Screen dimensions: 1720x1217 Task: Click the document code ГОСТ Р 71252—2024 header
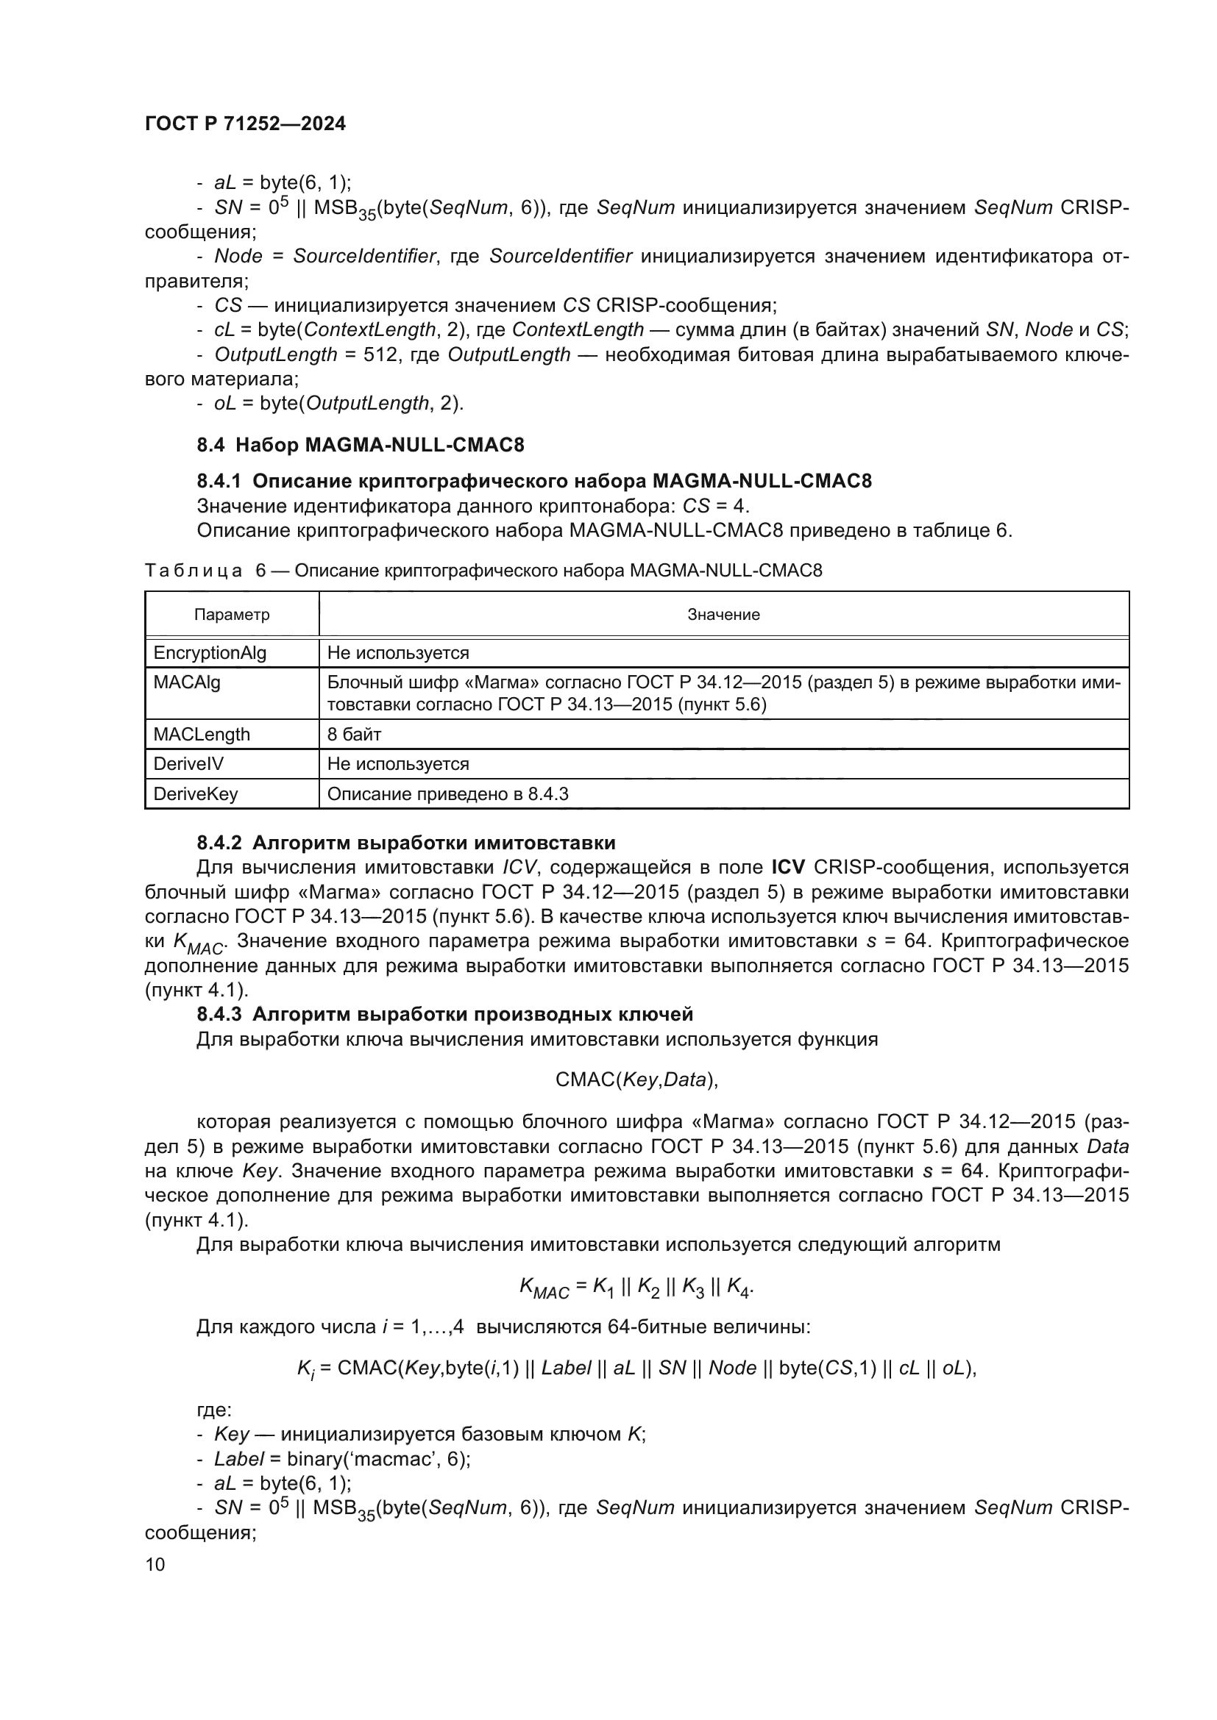pos(245,124)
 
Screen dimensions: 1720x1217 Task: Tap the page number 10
pos(155,1564)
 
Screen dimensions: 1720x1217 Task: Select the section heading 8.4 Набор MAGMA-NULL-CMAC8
pos(361,445)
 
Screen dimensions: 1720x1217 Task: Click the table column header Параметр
pos(232,615)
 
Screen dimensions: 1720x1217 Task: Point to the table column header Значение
pos(723,615)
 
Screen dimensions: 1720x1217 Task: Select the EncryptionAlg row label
pos(210,653)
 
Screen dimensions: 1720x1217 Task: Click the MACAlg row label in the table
pos(187,682)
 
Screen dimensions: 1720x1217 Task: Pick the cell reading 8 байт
pos(354,734)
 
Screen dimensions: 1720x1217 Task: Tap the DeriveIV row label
pos(188,764)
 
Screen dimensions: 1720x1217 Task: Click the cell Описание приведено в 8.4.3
pos(447,794)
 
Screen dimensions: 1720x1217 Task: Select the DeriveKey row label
pos(196,794)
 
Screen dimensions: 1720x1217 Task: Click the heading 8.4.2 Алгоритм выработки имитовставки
pos(406,843)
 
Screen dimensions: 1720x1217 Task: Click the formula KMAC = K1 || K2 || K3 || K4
pos(636,1288)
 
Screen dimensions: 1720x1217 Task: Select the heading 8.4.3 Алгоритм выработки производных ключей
pos(444,1014)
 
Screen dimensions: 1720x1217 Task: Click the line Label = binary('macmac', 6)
pos(341,1458)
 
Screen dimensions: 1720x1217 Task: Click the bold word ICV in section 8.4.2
pos(787,868)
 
